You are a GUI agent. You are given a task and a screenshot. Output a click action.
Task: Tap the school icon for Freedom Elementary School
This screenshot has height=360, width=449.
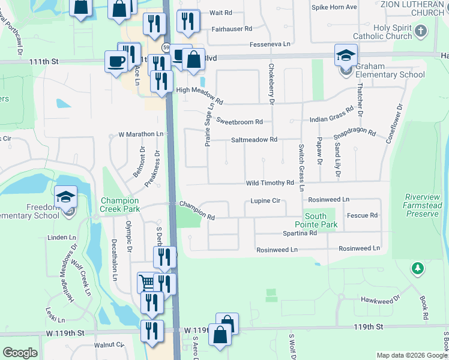(x=65, y=197)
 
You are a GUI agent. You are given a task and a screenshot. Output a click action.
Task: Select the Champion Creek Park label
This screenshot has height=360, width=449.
(x=120, y=205)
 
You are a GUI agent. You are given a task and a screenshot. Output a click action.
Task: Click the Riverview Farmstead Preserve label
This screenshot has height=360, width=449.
(x=424, y=205)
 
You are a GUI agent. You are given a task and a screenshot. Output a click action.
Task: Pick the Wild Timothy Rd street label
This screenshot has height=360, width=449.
(x=269, y=183)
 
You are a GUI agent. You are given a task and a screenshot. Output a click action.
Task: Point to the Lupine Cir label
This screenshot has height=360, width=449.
(x=266, y=202)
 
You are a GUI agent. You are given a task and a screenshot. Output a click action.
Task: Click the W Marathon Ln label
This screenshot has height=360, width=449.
(x=141, y=134)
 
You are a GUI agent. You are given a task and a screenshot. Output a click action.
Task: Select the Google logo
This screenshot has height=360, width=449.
(x=20, y=353)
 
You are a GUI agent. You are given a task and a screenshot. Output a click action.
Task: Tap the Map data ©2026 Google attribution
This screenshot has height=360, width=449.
(x=411, y=355)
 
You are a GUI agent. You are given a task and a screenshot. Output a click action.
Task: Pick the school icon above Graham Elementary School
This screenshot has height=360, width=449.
(x=346, y=55)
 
